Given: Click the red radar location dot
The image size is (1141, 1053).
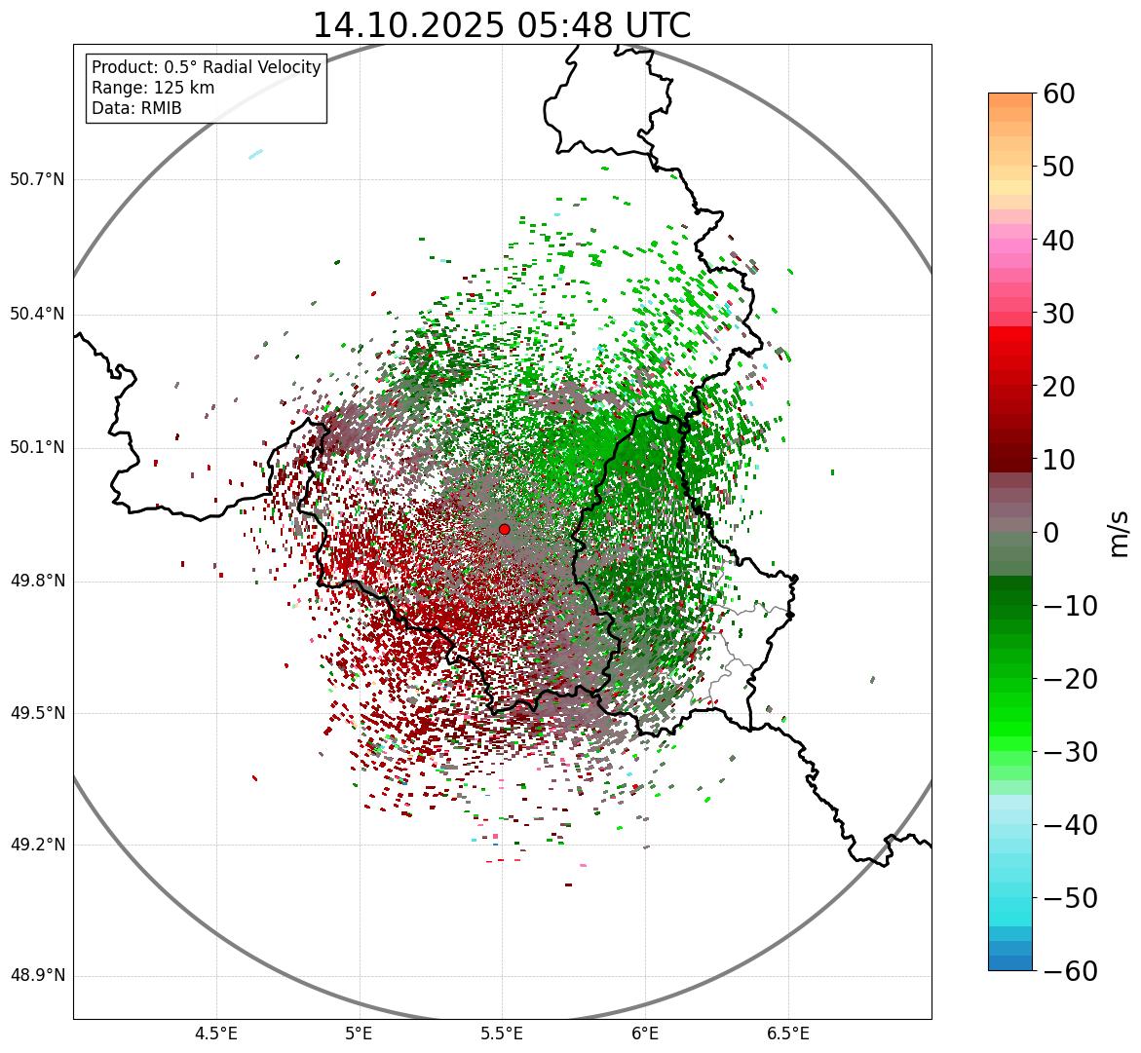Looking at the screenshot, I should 504,529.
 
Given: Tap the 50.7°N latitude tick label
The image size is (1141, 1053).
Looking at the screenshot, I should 37,180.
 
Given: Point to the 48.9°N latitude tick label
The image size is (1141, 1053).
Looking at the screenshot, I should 37,976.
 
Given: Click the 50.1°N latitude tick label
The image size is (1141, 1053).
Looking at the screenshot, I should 37,448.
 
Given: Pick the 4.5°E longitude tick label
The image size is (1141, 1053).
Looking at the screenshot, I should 216,1034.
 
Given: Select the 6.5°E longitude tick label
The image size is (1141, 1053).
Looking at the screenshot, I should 788,1034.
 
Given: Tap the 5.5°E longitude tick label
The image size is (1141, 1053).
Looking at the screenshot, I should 502,1034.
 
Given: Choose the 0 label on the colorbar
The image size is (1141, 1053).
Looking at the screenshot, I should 1051,533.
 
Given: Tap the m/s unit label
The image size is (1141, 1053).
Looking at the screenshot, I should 1120,533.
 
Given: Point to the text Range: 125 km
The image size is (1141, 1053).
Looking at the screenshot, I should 153,88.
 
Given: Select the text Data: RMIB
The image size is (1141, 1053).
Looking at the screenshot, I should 136,108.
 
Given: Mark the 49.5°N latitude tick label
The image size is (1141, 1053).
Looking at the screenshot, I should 37,713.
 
